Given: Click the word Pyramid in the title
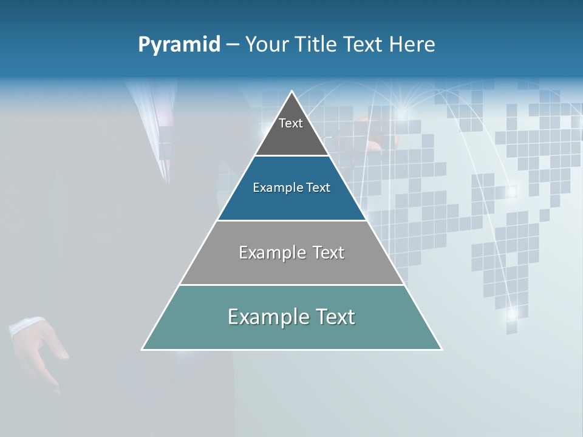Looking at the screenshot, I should pos(179,45).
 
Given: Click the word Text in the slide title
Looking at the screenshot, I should pos(364,44).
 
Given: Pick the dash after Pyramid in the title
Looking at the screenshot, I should pos(232,45).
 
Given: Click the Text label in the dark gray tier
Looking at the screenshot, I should pos(291,123).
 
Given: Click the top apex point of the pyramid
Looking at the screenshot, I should pos(292,92).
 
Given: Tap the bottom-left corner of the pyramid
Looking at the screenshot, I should pos(142,350).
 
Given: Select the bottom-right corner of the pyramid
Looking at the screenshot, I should pos(442,350).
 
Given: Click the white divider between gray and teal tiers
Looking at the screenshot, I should pos(291,285).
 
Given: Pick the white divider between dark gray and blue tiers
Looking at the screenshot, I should pos(291,155).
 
